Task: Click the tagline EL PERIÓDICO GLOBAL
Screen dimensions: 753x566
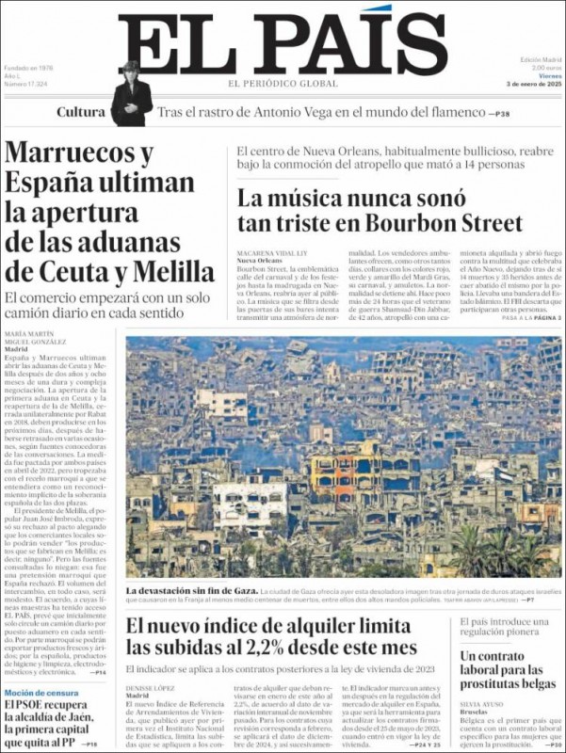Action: pyautogui.click(x=283, y=84)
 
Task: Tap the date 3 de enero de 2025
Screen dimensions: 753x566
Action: pyautogui.click(x=533, y=84)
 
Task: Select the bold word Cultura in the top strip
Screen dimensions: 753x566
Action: pyautogui.click(x=81, y=112)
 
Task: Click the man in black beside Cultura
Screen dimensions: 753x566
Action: pyautogui.click(x=131, y=94)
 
